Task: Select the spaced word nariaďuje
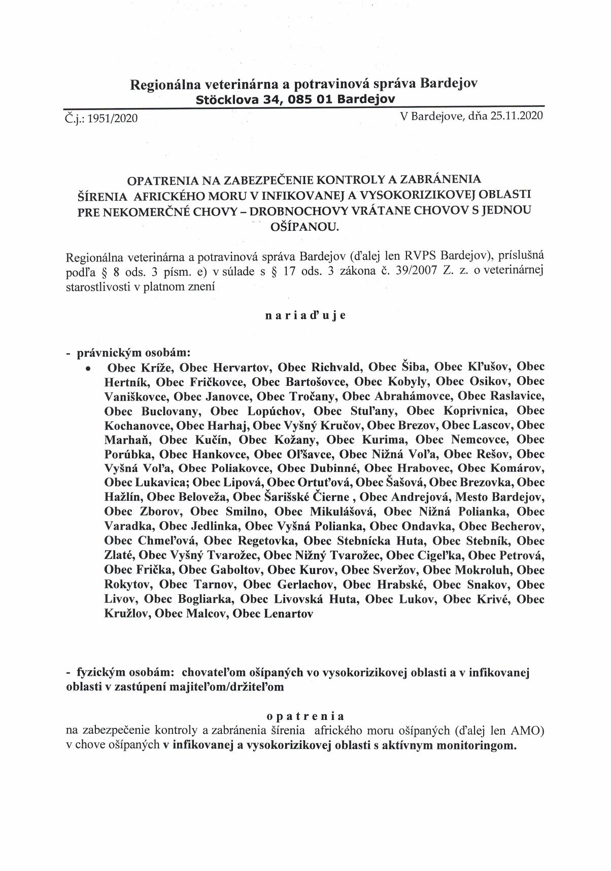pyautogui.click(x=305, y=315)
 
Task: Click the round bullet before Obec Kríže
pyautogui.click(x=89, y=369)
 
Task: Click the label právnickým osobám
pyautogui.click(x=134, y=352)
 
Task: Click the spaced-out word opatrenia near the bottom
pyautogui.click(x=305, y=716)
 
